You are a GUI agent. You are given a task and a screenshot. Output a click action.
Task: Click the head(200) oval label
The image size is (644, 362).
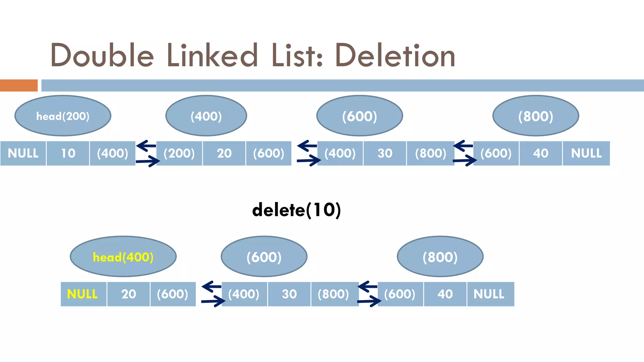63,116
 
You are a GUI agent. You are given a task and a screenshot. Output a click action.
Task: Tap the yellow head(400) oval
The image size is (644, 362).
123,257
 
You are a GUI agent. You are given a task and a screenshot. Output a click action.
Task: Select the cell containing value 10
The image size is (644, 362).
68,153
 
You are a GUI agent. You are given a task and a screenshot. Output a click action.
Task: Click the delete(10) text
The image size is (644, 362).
296,210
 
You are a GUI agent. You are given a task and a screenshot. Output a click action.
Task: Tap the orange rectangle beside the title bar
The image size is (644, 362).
19,85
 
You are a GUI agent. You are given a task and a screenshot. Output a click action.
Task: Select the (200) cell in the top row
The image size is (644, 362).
179,153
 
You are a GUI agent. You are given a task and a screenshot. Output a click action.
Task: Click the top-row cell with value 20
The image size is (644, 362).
224,153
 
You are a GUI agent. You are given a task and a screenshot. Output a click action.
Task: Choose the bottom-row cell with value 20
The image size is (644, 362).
128,294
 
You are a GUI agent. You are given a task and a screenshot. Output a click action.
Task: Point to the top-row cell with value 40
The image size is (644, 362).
540,153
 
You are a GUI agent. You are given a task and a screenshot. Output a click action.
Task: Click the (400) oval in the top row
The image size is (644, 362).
206,116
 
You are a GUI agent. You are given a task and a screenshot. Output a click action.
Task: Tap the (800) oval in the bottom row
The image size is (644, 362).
440,257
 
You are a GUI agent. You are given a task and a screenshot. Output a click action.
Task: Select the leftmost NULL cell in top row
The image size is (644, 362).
23,153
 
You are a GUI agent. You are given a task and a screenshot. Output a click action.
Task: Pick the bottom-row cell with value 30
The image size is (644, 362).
289,294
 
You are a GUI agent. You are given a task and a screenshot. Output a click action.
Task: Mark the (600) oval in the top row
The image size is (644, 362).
359,116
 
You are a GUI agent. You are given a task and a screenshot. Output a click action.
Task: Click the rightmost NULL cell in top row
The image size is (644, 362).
586,153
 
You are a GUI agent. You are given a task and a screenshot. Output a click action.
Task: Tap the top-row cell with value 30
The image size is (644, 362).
385,153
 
